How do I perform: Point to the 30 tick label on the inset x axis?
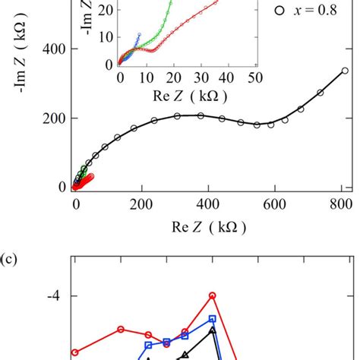[201, 77]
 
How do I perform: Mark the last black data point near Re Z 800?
[344, 71]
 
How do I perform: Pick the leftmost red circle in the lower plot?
[74, 352]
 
